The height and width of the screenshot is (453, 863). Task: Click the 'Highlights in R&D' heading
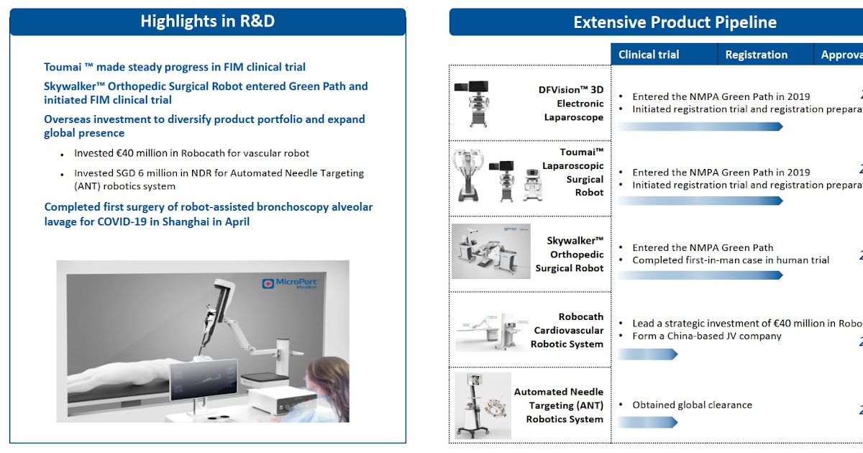(207, 22)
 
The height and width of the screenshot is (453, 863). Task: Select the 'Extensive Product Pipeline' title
(675, 22)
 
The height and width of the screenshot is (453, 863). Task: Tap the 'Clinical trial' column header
(648, 55)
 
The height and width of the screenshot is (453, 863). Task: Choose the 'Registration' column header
(756, 55)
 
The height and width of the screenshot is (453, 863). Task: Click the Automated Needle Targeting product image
(483, 405)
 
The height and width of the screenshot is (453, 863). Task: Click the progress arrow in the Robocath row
(647, 354)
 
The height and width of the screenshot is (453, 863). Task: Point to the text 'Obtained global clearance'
(692, 405)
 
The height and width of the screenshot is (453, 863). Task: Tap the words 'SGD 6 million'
(148, 173)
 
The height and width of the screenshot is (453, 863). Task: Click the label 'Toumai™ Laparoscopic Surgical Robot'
(572, 173)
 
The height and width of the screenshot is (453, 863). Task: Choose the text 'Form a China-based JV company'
(706, 336)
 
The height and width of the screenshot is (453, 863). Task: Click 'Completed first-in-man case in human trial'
(730, 260)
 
